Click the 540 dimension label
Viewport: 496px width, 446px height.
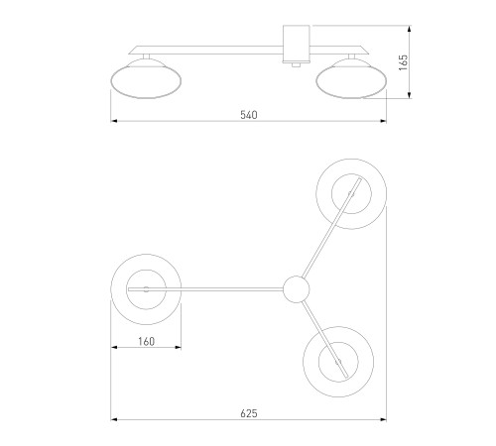pyautogui.click(x=249, y=115)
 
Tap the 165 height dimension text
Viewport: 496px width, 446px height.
pyautogui.click(x=403, y=62)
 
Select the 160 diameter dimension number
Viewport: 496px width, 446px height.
pyautogui.click(x=146, y=341)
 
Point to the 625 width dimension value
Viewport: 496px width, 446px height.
pyautogui.click(x=249, y=413)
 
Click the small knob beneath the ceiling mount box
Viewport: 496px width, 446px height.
pyautogui.click(x=296, y=64)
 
